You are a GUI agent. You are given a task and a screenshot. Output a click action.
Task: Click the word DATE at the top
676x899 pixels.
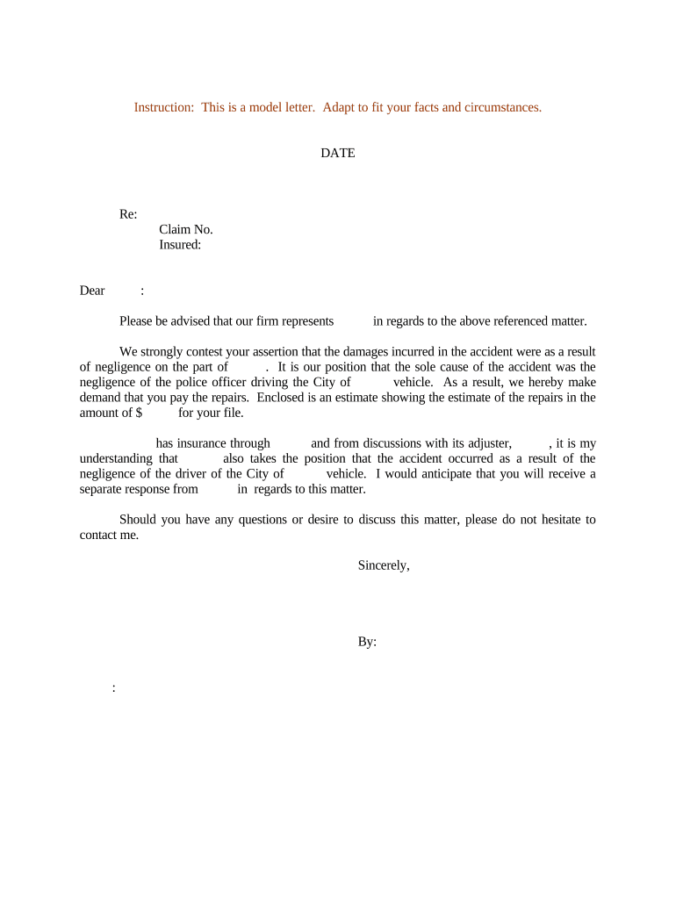337,153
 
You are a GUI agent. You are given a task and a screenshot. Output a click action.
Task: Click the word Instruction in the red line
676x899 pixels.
163,107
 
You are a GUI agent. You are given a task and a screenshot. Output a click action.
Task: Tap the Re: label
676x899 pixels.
128,214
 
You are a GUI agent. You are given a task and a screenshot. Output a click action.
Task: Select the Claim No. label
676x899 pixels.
186,230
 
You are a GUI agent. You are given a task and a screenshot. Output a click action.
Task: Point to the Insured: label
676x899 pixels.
180,245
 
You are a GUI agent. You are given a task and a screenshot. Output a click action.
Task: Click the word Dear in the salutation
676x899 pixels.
92,291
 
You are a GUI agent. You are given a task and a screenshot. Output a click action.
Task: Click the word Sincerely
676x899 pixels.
384,565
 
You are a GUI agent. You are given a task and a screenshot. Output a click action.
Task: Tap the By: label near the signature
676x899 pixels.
367,642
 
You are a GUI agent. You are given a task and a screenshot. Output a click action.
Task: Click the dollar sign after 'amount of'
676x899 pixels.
139,413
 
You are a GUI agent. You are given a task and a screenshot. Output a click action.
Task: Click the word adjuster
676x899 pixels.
483,443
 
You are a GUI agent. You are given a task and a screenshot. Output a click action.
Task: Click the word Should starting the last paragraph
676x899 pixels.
139,520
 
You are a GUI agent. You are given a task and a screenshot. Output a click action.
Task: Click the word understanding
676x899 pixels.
116,458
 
